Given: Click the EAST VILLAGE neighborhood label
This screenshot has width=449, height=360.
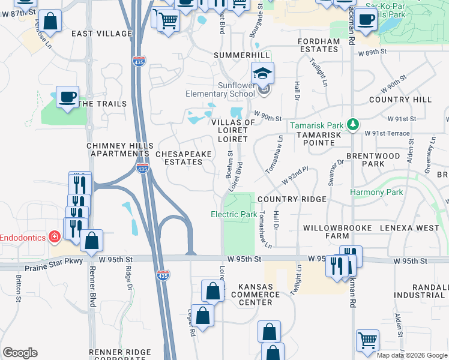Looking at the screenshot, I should click(101, 34).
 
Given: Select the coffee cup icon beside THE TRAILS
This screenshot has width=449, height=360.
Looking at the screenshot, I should click(68, 97).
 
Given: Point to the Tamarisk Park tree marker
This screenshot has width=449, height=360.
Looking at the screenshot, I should click(354, 125).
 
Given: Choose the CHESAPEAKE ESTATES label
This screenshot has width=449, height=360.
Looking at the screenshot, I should click(184, 158).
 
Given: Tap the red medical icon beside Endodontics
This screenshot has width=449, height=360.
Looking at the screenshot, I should click(55, 237).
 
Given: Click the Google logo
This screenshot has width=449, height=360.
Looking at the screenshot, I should click(20, 353).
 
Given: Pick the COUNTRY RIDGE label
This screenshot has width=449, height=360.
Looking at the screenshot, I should click(292, 199).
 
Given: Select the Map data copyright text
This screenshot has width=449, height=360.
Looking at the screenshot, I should click(411, 355).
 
